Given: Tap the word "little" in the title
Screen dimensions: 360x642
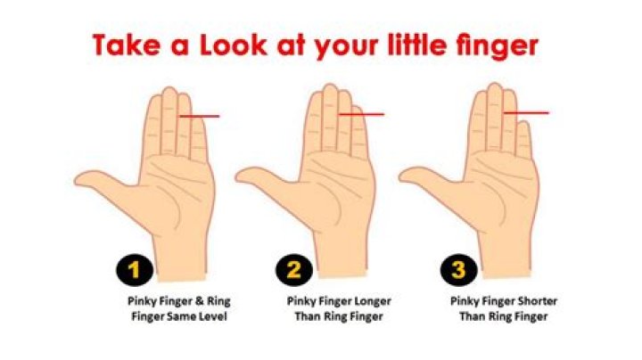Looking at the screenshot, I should (421, 44).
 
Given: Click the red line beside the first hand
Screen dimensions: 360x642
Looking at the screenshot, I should (201, 116).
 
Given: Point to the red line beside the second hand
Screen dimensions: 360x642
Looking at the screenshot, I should (363, 114).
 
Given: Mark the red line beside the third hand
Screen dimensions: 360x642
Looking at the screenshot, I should (528, 112).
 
